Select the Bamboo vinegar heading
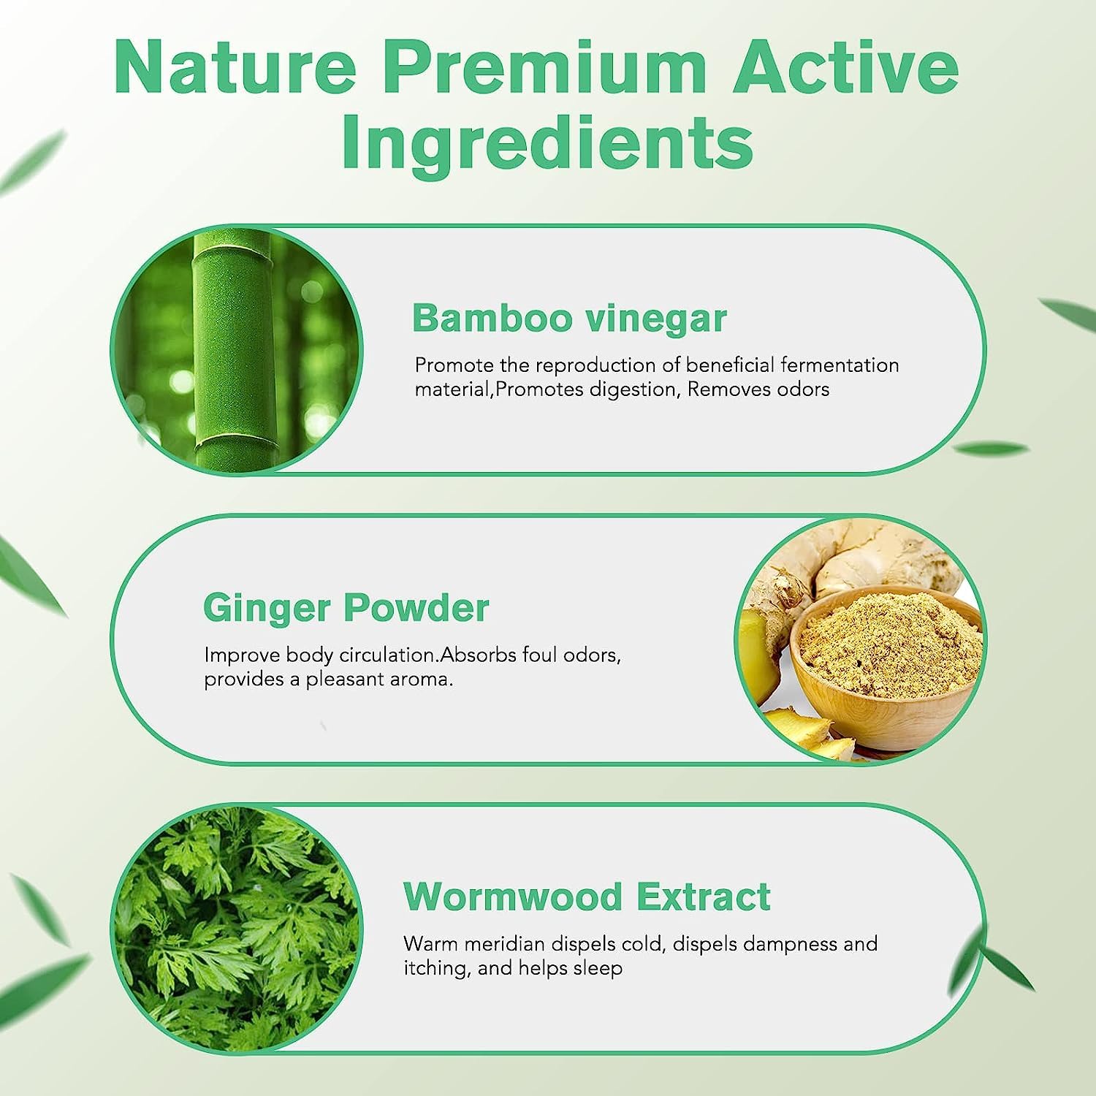pyautogui.click(x=569, y=319)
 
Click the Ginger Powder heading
pyautogui.click(x=346, y=608)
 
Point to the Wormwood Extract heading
pyautogui.click(x=587, y=896)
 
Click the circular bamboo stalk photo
pyautogui.click(x=236, y=350)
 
